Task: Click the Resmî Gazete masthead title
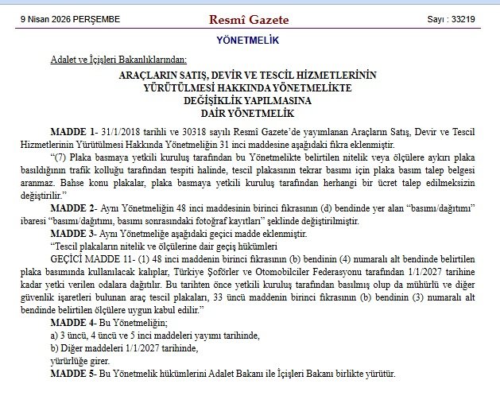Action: (248, 19)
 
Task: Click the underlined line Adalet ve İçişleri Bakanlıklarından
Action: (118, 59)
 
